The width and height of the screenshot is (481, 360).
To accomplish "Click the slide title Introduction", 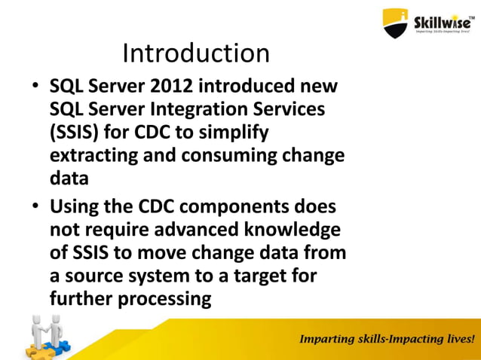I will [x=195, y=53].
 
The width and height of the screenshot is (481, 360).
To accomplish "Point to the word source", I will [x=97, y=275].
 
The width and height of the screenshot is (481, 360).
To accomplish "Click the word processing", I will [x=160, y=297].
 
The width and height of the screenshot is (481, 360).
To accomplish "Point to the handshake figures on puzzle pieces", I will [x=45, y=335].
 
